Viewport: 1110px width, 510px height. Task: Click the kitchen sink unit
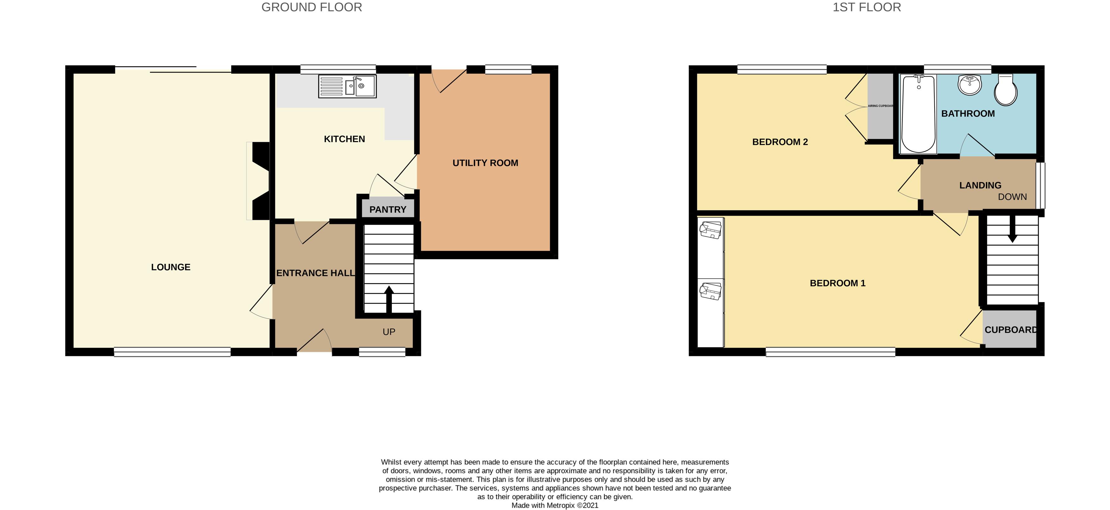point(347,86)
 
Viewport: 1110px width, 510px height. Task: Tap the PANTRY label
point(388,210)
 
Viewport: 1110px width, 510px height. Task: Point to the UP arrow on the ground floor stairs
point(389,299)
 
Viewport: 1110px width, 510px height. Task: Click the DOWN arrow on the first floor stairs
point(1012,228)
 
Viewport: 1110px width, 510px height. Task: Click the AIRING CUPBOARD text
point(880,106)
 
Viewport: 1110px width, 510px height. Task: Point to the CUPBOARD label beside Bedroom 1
point(1011,330)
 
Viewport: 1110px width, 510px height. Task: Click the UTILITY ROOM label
point(485,163)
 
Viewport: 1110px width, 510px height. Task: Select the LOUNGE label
point(171,267)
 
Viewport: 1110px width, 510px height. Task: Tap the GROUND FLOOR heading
point(311,7)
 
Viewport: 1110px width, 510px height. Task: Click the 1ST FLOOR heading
point(867,7)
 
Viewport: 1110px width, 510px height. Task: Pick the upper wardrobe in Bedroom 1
point(711,248)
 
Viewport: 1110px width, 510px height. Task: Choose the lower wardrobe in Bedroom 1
point(711,313)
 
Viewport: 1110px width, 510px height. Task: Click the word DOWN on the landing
point(1012,197)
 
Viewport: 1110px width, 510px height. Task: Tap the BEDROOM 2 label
point(780,142)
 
